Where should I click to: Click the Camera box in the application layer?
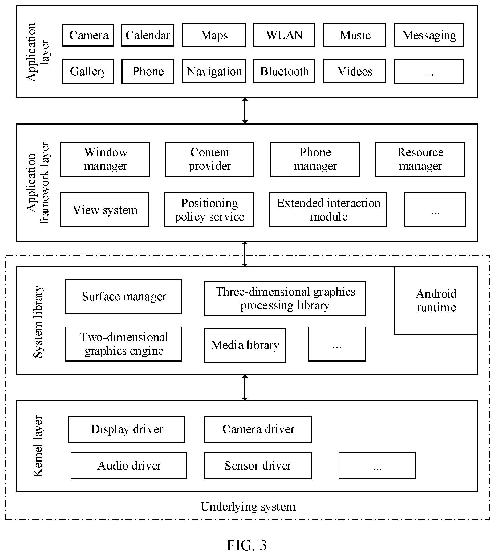click(x=88, y=35)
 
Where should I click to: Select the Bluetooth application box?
click(x=284, y=71)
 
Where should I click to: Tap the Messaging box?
click(x=429, y=35)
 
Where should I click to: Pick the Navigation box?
click(x=214, y=71)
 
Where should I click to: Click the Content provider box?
click(x=209, y=159)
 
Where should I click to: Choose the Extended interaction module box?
click(x=328, y=210)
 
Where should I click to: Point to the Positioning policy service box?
click(x=209, y=210)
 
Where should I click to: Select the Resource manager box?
click(x=420, y=159)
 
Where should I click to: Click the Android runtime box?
click(x=436, y=301)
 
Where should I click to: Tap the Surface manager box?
click(x=123, y=297)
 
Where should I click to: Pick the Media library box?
click(x=245, y=345)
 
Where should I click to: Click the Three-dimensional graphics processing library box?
click(x=285, y=298)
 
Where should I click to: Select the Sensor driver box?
click(x=258, y=466)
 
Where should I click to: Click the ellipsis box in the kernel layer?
click(x=377, y=466)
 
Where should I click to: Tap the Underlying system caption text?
click(x=248, y=507)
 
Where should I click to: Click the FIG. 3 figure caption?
click(x=247, y=545)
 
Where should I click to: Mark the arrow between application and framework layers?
click(x=245, y=111)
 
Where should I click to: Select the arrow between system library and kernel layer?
click(x=245, y=388)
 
